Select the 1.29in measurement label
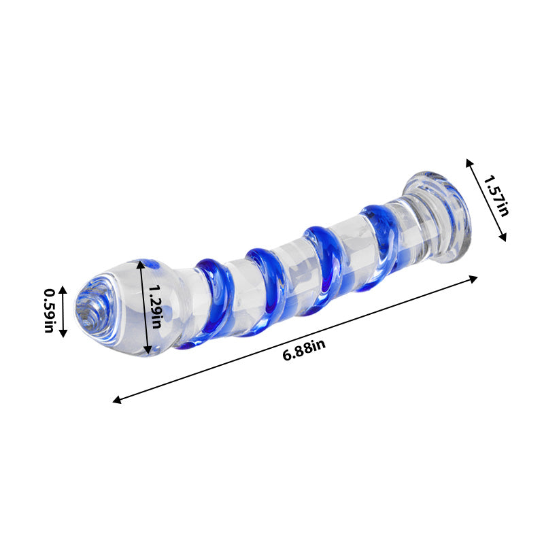pos(156,308)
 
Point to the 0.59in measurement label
pos(49,311)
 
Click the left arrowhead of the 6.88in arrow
pos(116,401)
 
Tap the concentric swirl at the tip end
pos(88,309)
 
